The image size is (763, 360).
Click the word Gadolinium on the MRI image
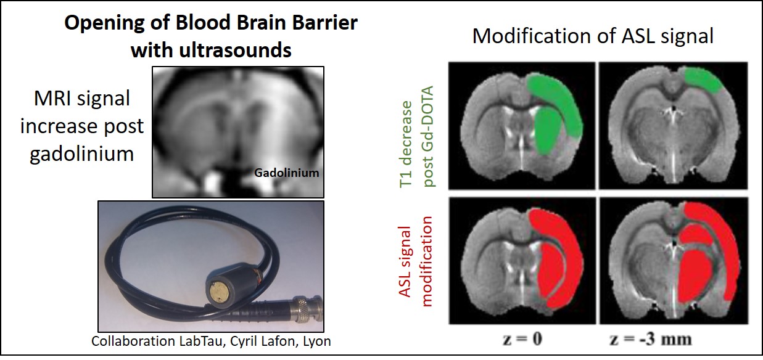(286, 173)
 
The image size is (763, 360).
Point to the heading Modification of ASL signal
(592, 36)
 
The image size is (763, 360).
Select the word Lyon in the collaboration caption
(318, 342)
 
